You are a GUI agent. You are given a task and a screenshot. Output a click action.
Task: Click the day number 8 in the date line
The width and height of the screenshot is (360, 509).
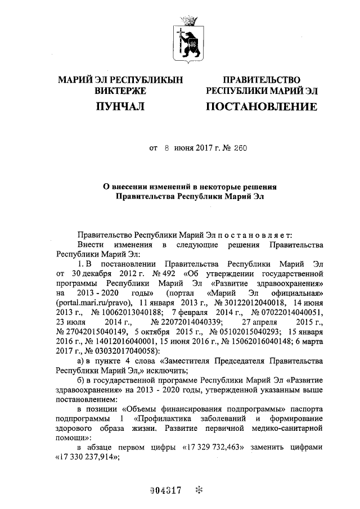click(167, 150)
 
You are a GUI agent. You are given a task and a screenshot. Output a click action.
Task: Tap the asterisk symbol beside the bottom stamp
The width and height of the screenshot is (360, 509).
click(197, 490)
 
